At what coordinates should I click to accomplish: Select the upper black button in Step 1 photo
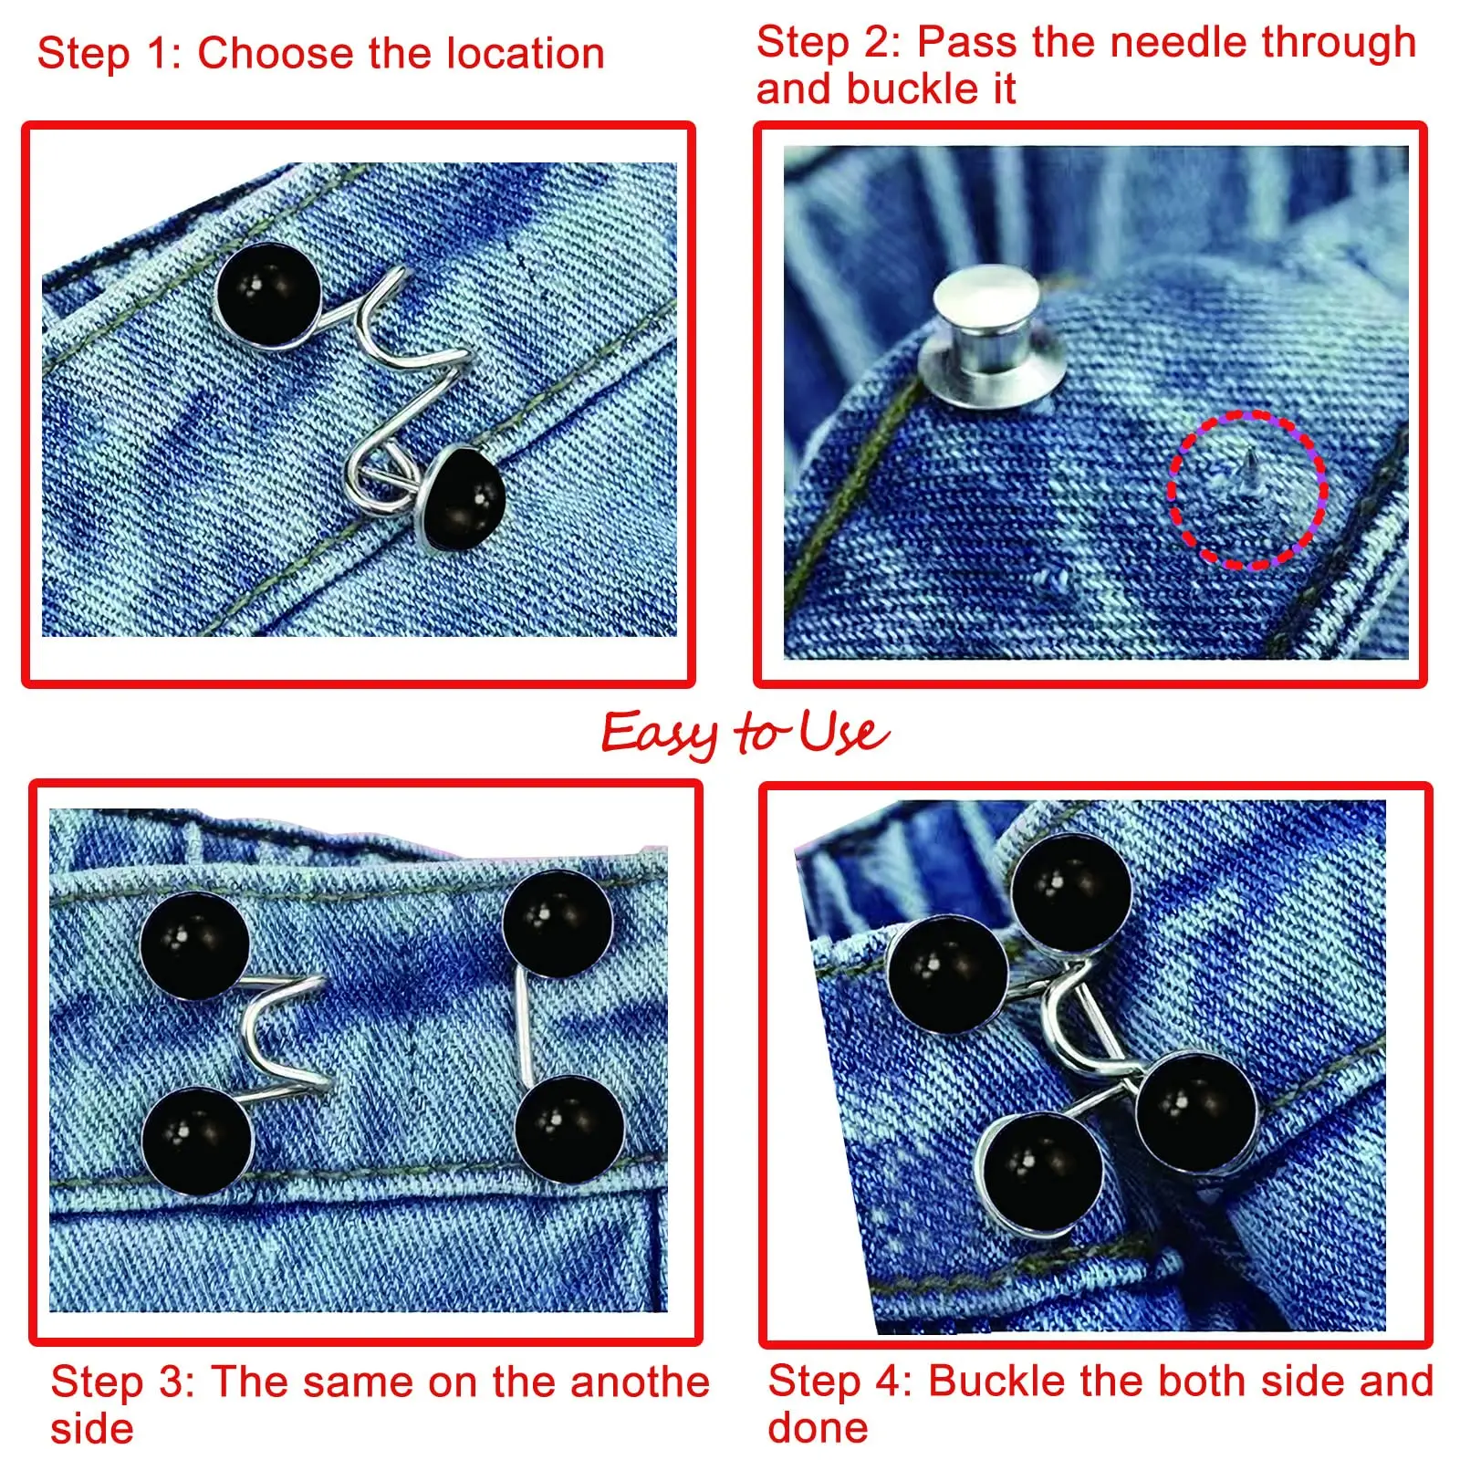tap(268, 294)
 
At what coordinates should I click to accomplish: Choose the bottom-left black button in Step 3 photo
tap(197, 1142)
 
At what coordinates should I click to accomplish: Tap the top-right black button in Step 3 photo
tap(558, 923)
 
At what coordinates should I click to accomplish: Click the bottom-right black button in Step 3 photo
tap(569, 1131)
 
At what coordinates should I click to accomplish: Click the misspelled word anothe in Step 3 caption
tap(640, 1382)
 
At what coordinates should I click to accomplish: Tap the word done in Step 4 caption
tap(818, 1427)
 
